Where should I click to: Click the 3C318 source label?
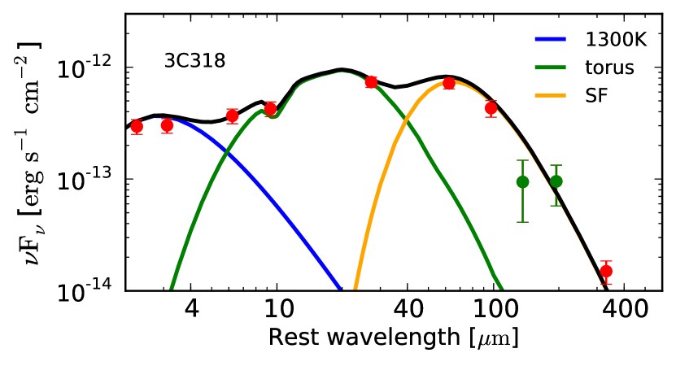point(194,61)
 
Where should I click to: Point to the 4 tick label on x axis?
point(191,309)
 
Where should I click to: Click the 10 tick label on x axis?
point(277,309)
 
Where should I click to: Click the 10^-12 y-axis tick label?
point(90,69)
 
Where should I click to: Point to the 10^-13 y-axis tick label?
point(90,180)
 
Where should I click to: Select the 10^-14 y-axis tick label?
point(90,290)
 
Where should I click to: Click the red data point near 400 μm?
point(605,271)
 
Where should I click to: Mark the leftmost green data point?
point(522,181)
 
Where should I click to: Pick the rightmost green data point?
point(556,181)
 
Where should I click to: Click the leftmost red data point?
point(137,126)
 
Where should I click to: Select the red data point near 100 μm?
point(491,108)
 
